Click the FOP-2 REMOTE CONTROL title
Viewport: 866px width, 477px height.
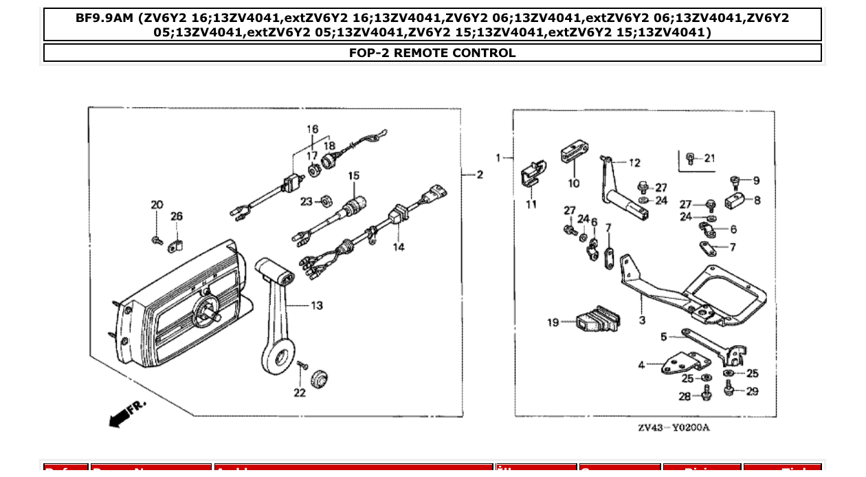click(x=432, y=53)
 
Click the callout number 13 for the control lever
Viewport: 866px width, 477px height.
click(x=316, y=305)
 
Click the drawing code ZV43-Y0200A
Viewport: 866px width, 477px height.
click(x=673, y=428)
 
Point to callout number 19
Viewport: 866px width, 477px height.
click(x=553, y=322)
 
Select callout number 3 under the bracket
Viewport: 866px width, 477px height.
click(x=642, y=320)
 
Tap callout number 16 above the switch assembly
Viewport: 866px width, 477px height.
click(x=313, y=129)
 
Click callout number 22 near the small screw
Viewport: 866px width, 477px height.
click(x=300, y=392)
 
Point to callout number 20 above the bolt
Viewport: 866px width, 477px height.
click(x=157, y=205)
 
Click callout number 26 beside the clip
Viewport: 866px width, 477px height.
click(x=177, y=217)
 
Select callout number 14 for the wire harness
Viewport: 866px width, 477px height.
click(x=399, y=247)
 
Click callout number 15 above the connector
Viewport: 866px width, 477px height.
click(x=353, y=176)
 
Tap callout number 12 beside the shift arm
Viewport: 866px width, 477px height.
click(x=634, y=163)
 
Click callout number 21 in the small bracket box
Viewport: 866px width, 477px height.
click(x=709, y=158)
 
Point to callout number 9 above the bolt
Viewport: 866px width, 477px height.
click(x=756, y=181)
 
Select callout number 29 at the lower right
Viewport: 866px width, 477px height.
click(x=752, y=391)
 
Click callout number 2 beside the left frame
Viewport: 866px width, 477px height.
click(x=480, y=175)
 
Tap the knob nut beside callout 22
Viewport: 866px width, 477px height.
click(x=318, y=379)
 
